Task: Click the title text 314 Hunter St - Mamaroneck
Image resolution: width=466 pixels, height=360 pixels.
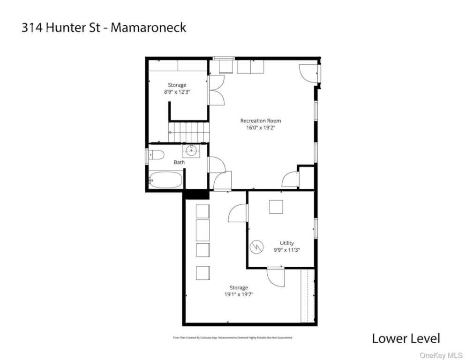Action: pyautogui.click(x=104, y=27)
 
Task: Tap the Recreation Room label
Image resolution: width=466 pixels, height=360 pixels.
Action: pyautogui.click(x=261, y=121)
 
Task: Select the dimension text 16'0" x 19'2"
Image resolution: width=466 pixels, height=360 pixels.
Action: pyautogui.click(x=261, y=127)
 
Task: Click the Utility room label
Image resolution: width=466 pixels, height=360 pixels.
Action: pyautogui.click(x=287, y=243)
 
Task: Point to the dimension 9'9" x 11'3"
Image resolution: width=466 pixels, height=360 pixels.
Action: pyautogui.click(x=287, y=250)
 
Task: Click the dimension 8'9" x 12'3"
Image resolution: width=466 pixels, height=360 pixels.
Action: pyautogui.click(x=177, y=92)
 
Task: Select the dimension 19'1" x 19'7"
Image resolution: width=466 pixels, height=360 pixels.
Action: pyautogui.click(x=239, y=294)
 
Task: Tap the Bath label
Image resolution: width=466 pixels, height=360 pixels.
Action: pyautogui.click(x=179, y=162)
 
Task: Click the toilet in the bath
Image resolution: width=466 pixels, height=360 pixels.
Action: pyautogui.click(x=155, y=155)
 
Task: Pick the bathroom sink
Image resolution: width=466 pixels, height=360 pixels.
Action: pyautogui.click(x=191, y=150)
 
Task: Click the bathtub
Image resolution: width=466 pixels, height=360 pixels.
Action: pyautogui.click(x=165, y=180)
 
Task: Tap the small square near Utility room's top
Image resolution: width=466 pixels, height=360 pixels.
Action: pyautogui.click(x=276, y=207)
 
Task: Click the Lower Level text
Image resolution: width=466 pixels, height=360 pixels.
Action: pyautogui.click(x=406, y=338)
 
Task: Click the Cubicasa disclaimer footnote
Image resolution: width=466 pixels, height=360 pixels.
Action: pyautogui.click(x=233, y=337)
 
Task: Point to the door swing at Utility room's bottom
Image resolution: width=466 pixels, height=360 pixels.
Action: pyautogui.click(x=276, y=276)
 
